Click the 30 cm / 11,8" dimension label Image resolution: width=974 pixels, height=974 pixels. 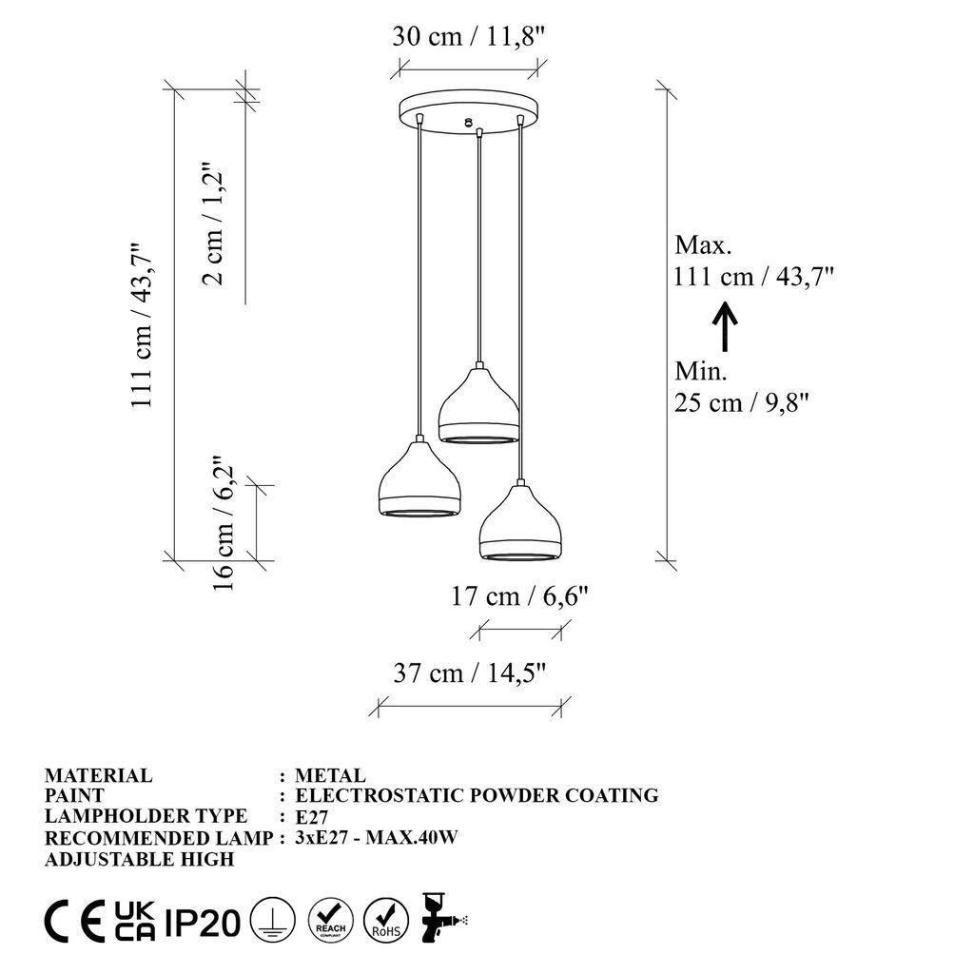[470, 37]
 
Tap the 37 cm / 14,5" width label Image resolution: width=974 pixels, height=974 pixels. [470, 673]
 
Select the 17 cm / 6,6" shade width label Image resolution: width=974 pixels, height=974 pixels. [520, 596]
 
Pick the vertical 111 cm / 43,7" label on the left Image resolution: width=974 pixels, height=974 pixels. [143, 323]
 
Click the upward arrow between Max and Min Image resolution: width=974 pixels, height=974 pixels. [725, 325]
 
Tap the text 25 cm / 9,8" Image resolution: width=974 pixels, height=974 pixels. [742, 402]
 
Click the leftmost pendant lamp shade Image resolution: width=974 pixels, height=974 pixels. [419, 482]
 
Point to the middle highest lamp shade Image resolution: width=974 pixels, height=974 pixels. [478, 407]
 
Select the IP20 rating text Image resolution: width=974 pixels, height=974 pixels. [202, 922]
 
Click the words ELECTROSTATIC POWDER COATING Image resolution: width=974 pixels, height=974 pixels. [477, 795]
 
